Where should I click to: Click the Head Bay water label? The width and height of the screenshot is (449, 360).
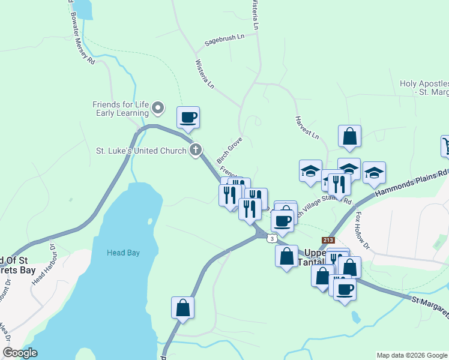(123, 253)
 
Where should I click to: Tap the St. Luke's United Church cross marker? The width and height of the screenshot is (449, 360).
(194, 151)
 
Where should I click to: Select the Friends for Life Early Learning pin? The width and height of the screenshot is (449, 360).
(158, 108)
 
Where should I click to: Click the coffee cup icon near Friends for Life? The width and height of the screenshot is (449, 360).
(188, 117)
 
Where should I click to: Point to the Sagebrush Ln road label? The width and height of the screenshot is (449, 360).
(224, 40)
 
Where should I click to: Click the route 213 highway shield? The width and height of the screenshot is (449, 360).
(328, 240)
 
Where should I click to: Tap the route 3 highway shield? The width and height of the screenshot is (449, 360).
(273, 238)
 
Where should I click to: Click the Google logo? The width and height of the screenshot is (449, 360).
(20, 353)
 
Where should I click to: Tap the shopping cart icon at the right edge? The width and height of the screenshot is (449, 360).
(447, 145)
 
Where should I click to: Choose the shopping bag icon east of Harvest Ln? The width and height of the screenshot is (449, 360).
(349, 136)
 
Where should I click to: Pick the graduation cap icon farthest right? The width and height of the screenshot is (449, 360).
(373, 173)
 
